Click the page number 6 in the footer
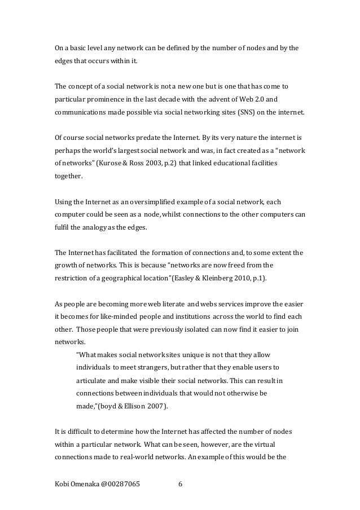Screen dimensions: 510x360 click(180, 483)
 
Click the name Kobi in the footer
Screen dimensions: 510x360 click(63, 483)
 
